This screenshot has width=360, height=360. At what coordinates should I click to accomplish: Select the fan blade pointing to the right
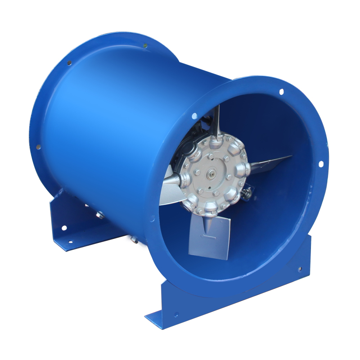[x=270, y=162]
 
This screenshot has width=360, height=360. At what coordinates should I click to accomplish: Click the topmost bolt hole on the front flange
[x=281, y=92]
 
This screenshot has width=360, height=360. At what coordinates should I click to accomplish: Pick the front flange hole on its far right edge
[x=321, y=164]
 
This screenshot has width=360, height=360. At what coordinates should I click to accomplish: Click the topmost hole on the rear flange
[x=145, y=45]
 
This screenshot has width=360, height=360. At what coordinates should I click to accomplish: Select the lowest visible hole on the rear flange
[x=38, y=147]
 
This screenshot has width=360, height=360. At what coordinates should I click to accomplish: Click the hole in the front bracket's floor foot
[x=176, y=315]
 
